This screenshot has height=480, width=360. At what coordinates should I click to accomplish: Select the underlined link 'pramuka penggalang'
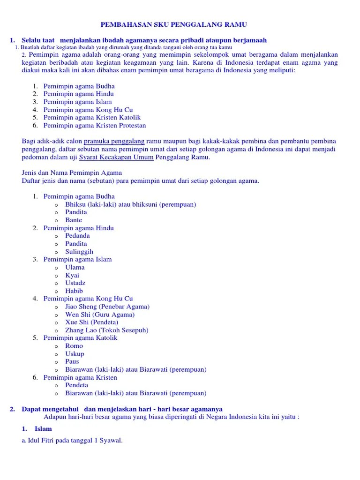coord(114,141)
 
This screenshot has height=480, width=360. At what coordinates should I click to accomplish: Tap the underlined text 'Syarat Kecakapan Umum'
coord(116,157)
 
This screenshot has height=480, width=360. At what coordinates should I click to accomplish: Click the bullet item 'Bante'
coord(74,220)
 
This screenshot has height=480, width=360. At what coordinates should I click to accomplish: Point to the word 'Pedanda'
coord(77,236)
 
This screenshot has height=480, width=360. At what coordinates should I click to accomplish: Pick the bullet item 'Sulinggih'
coord(79,252)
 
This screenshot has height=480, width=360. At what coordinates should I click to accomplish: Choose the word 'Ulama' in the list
coord(75,267)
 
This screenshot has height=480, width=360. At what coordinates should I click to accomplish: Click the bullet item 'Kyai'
coord(72,275)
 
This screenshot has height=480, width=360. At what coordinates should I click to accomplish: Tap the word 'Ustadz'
coord(75,283)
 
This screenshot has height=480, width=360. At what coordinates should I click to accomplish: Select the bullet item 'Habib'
coord(74,291)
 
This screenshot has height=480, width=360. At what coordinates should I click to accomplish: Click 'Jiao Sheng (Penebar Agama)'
coord(107,307)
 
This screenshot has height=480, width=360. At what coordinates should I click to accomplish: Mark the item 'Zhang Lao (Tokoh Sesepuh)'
coord(107,330)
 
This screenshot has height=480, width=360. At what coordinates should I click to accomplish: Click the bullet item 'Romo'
coord(74,346)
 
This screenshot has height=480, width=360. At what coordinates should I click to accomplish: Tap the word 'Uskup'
coord(75,354)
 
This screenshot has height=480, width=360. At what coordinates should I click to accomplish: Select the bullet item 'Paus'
coord(72,361)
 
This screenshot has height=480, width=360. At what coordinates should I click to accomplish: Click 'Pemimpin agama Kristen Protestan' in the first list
coord(95,125)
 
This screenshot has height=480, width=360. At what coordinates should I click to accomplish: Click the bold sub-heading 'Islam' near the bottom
coord(43,428)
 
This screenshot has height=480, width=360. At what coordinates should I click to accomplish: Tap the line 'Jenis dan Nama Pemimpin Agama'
coord(72,173)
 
